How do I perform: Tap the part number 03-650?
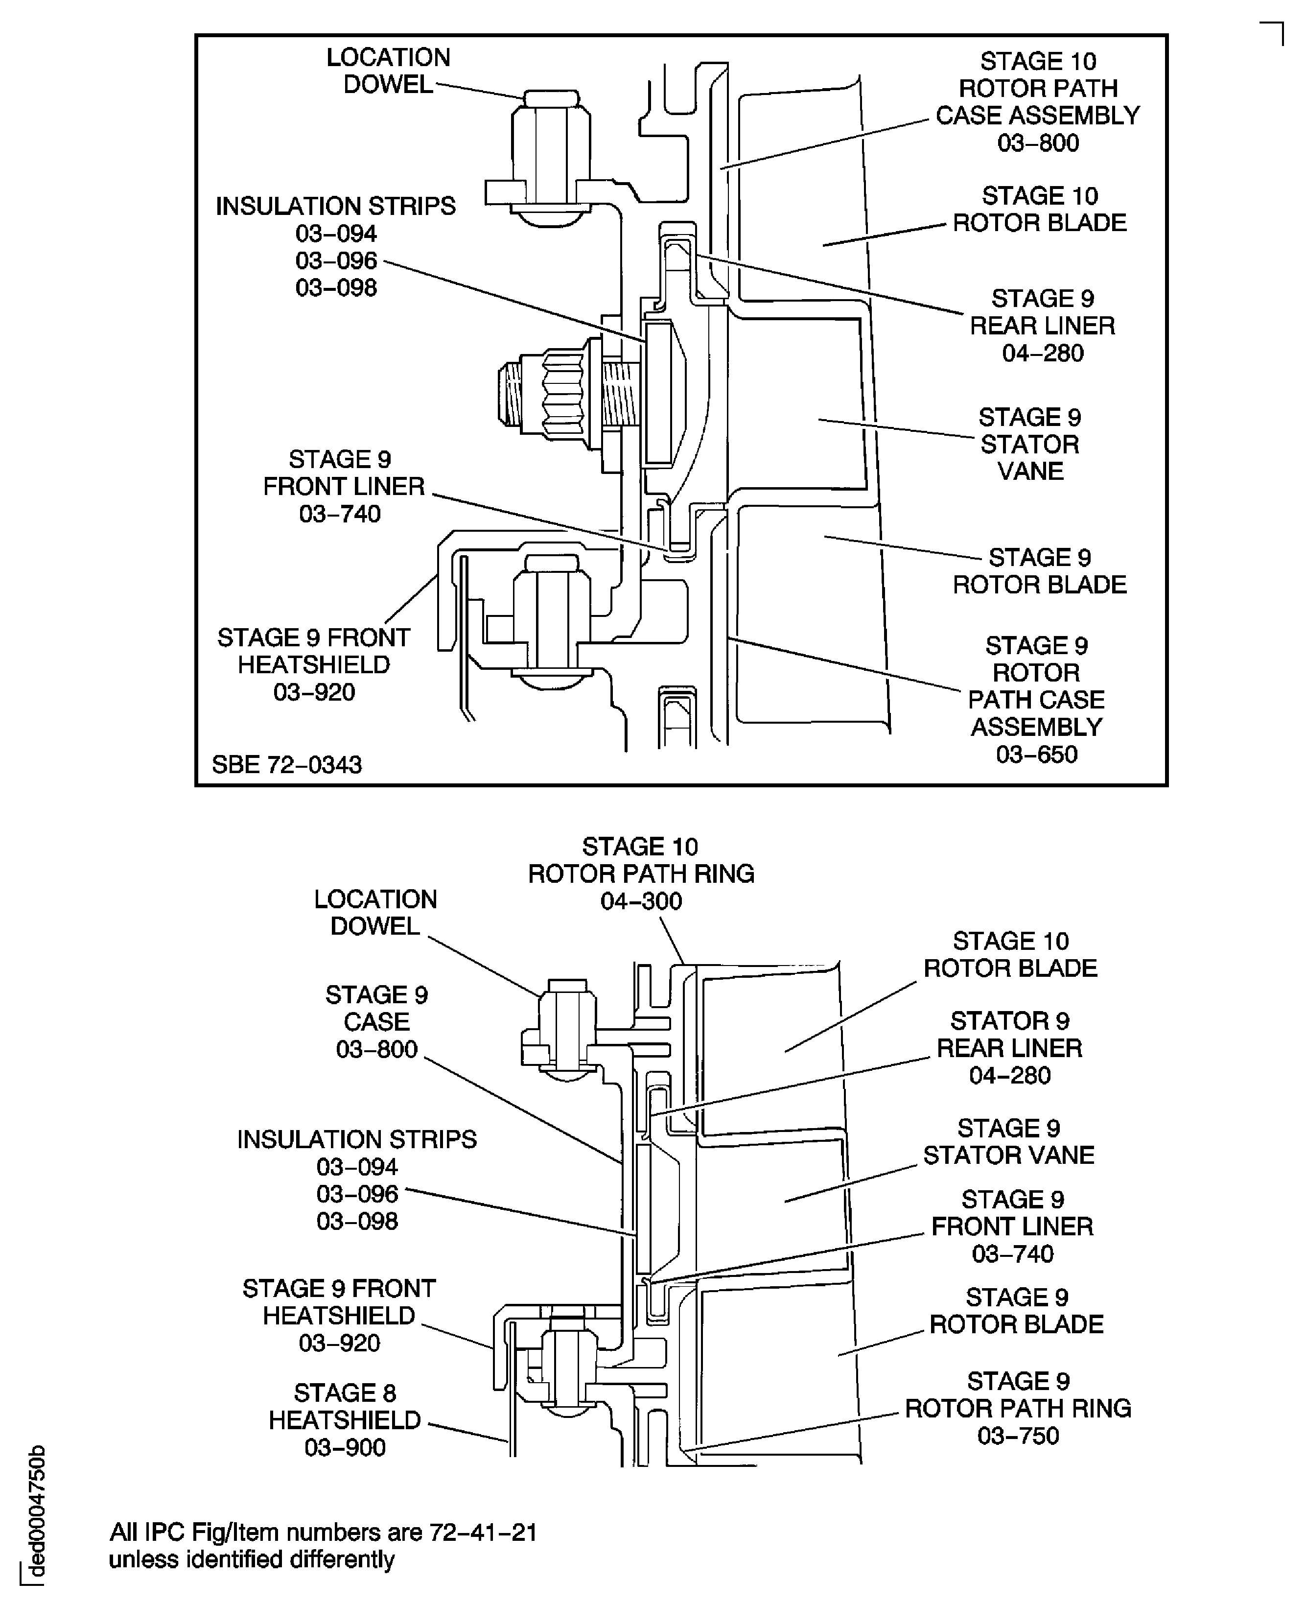(x=1037, y=754)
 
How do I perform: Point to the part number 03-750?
(x=1018, y=1436)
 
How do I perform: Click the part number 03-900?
(x=345, y=1447)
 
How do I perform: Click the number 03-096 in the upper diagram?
(x=336, y=260)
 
